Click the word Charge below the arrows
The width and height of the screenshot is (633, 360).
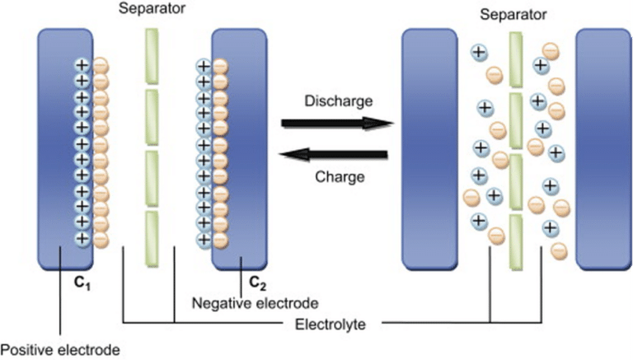point(340,176)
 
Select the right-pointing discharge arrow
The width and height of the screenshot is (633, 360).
point(334,124)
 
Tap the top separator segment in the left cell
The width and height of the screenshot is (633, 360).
point(152,56)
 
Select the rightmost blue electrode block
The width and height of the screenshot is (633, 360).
point(603,148)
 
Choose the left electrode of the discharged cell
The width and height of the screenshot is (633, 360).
point(429,148)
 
